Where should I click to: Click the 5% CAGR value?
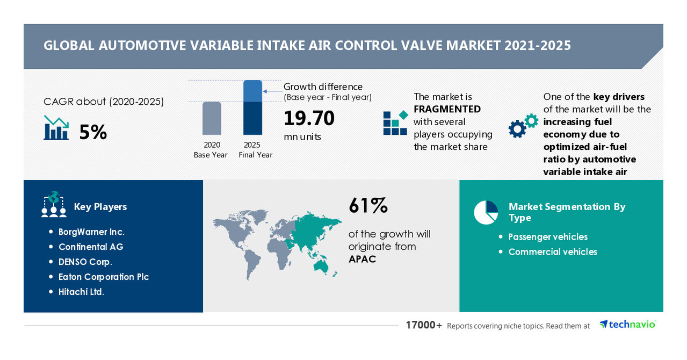tap(93, 132)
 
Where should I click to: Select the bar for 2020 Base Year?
tap(212, 118)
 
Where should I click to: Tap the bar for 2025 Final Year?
tap(252, 107)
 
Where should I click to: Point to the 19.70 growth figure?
tap(309, 118)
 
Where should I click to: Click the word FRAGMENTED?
tap(447, 109)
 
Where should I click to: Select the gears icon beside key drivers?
tap(523, 126)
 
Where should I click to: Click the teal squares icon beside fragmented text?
tap(395, 123)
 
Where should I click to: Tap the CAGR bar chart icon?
tap(56, 129)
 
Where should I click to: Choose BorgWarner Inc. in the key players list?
tap(91, 232)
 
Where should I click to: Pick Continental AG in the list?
tap(91, 247)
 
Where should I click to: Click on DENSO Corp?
tap(85, 262)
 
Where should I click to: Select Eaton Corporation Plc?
tap(104, 277)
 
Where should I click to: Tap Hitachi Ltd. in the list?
tap(81, 292)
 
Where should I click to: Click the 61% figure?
tap(368, 206)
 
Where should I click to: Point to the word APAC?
tap(362, 260)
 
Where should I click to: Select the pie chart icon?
tap(486, 212)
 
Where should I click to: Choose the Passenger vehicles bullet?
tap(548, 237)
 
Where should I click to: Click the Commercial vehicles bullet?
tap(553, 252)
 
